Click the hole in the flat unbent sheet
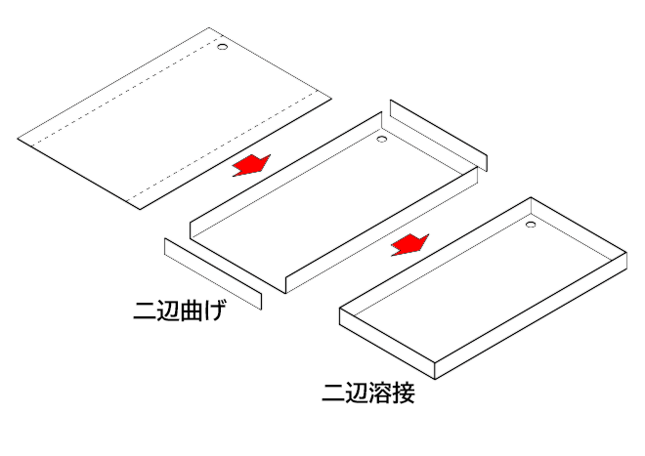tap(222, 47)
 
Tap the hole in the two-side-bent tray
tap(382, 139)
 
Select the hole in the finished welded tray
tap(531, 225)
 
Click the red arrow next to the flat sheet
tap(251, 165)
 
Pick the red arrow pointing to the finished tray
tap(409, 245)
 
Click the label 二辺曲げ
tap(180, 311)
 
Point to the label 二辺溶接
tap(368, 393)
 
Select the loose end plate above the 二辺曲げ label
tap(213, 273)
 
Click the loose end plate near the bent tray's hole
tap(439, 135)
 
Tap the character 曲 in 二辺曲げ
tap(192, 311)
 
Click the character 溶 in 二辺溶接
tap(380, 394)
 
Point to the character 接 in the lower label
tap(404, 394)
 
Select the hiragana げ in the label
tap(215, 311)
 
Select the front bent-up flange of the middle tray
tap(382, 230)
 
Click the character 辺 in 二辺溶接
tap(357, 394)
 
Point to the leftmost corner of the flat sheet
tap(18, 139)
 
